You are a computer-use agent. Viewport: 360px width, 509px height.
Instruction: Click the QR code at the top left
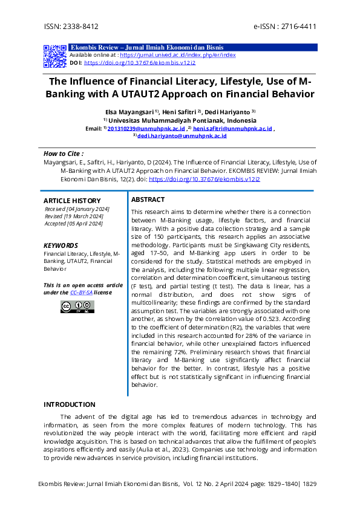tap(54, 56)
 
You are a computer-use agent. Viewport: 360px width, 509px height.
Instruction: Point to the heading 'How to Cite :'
tap(64, 154)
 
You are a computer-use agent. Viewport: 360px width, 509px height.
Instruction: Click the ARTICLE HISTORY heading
tap(72, 201)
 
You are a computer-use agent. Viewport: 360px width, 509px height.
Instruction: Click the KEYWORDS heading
tap(61, 245)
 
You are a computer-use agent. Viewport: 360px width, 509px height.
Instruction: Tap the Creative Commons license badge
tap(77, 306)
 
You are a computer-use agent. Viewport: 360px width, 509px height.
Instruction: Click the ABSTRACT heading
tap(148, 199)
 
